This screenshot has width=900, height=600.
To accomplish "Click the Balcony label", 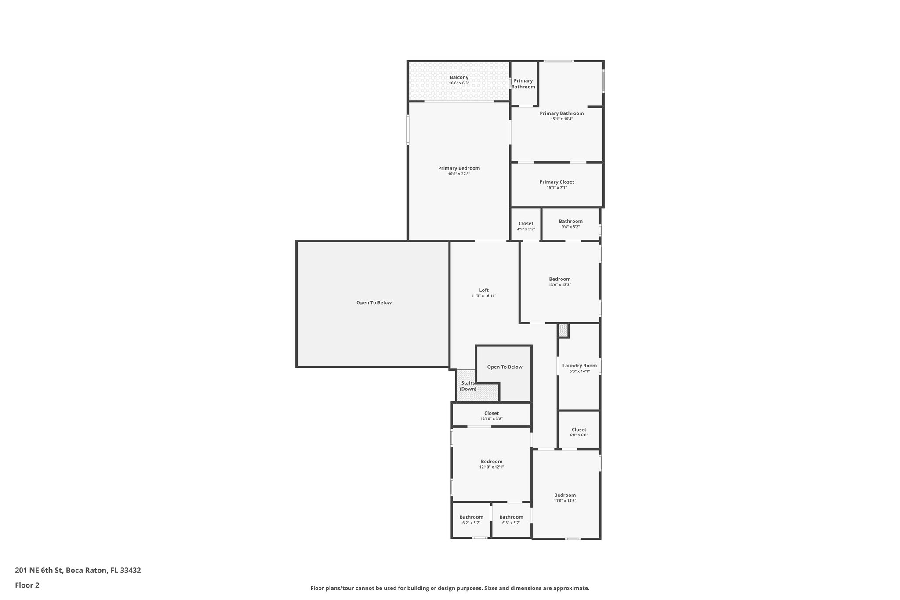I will [459, 78].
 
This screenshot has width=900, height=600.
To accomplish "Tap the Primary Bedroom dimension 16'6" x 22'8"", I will [459, 174].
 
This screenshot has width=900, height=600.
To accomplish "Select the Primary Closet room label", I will [556, 182].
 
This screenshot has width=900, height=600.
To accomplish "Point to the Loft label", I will [483, 290].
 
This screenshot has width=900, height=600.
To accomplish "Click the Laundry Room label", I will [579, 366].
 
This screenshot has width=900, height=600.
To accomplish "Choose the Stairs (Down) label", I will [468, 386].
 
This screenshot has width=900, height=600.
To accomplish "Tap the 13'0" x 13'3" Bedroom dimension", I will [559, 285].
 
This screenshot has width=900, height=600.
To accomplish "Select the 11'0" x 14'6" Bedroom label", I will [565, 495].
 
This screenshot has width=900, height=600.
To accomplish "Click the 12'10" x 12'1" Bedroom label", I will [491, 462].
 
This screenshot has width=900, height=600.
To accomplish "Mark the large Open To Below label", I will [374, 302].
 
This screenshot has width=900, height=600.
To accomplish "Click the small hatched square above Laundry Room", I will [563, 330].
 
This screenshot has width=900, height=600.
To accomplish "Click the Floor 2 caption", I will [27, 585].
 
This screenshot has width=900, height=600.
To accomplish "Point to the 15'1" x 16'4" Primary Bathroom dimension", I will [561, 119].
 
